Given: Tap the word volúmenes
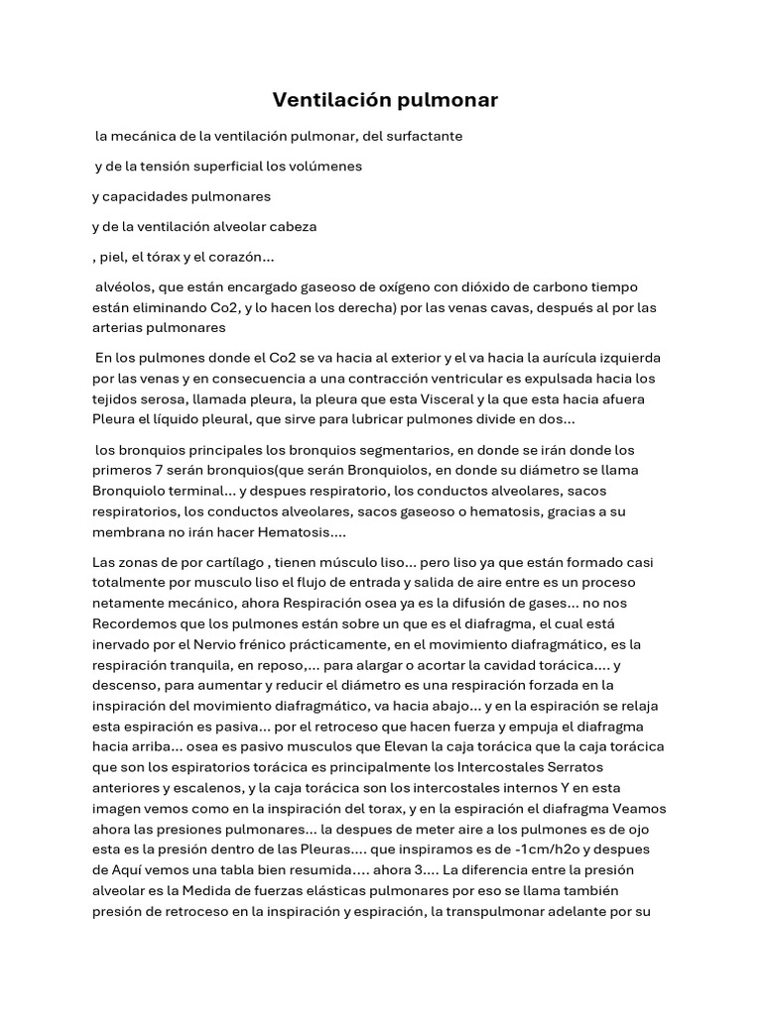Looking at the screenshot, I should [x=321, y=167].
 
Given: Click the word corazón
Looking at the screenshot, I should [x=238, y=257].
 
